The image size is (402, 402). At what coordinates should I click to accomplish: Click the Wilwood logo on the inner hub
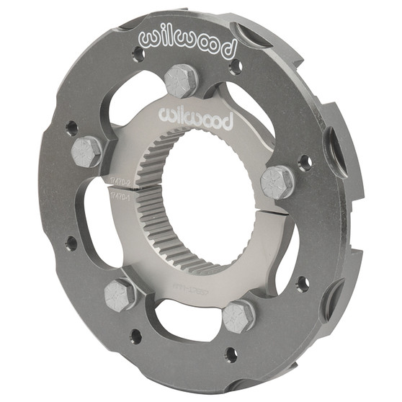(195, 117)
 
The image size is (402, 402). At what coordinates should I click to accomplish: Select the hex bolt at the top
(181, 80)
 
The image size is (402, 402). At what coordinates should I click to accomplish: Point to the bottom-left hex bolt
(120, 293)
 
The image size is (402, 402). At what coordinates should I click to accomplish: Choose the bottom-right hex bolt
(238, 315)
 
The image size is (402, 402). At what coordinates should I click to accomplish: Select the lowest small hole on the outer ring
(231, 354)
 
